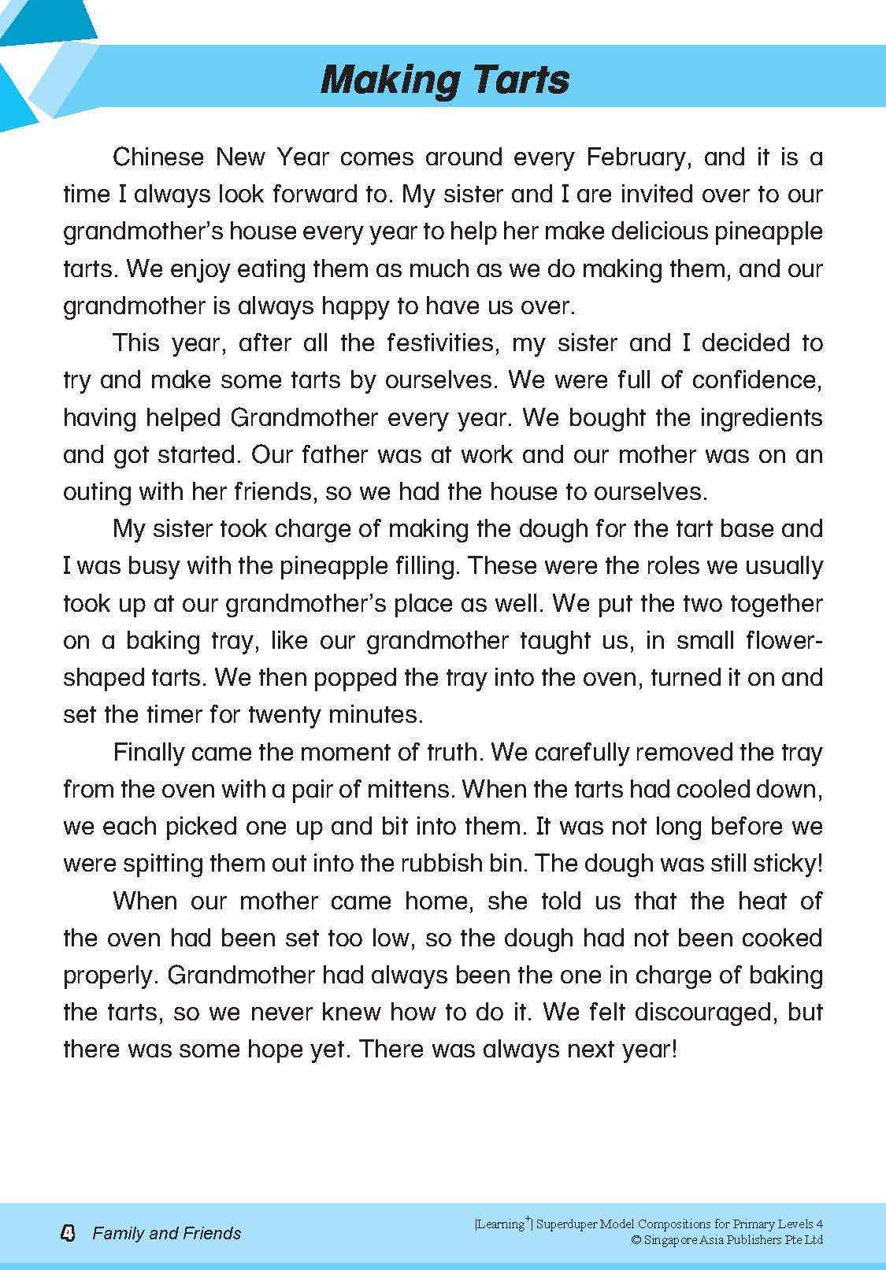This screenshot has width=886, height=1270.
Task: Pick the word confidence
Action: click(x=757, y=380)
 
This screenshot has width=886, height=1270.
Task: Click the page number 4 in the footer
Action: click(x=68, y=1233)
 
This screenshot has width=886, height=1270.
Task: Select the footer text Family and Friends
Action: click(x=167, y=1233)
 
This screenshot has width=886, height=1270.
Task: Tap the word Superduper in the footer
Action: click(x=565, y=1224)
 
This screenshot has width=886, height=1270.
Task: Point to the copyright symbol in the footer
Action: click(x=636, y=1240)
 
